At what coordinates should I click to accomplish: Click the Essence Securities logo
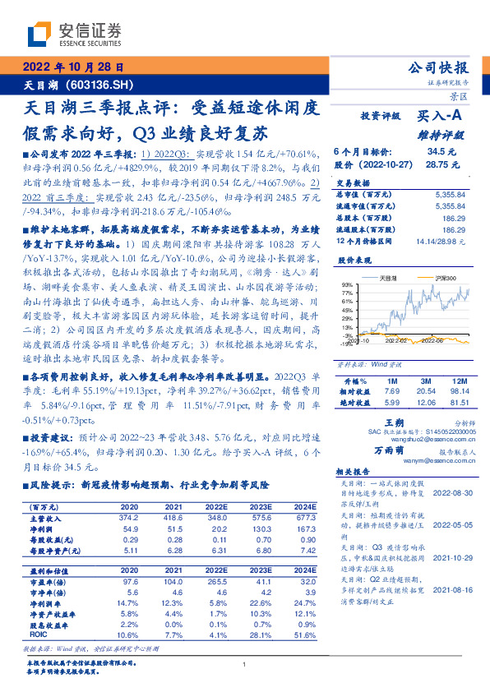coord(74,34)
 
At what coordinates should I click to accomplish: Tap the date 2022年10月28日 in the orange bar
coord(72,68)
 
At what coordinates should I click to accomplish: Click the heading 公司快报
coord(445,68)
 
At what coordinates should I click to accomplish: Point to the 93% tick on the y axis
coord(348,284)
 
